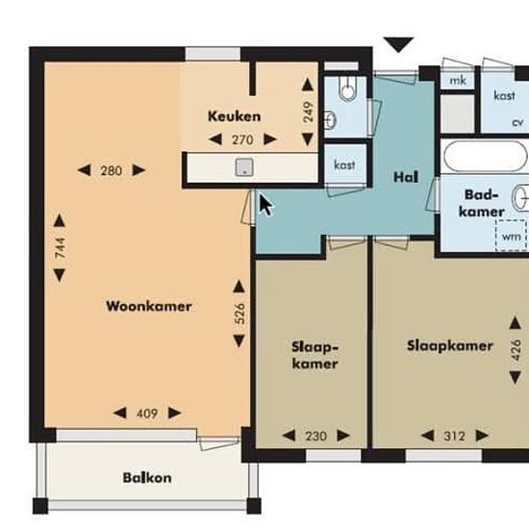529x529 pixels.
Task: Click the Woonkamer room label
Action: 149,306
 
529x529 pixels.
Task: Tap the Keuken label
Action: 234,116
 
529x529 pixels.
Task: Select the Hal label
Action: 406,177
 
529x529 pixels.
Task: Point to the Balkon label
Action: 147,478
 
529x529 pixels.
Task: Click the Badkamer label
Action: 482,203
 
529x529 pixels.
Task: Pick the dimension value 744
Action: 60,248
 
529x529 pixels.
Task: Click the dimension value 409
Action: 147,414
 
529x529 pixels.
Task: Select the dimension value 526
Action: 239,314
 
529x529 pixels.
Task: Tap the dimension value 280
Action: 112,170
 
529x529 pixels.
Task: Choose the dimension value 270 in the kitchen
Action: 242,139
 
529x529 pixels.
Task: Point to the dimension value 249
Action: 308,112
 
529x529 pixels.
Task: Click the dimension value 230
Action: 316,437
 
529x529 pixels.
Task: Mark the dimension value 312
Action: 454,437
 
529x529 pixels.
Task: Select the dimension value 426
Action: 516,350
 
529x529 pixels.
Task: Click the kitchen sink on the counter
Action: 244,167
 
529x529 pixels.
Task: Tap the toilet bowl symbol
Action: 348,89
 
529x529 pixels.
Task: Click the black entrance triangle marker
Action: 398,45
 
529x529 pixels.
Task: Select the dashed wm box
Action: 511,236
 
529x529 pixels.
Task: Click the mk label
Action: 458,81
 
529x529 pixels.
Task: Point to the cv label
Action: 517,122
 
